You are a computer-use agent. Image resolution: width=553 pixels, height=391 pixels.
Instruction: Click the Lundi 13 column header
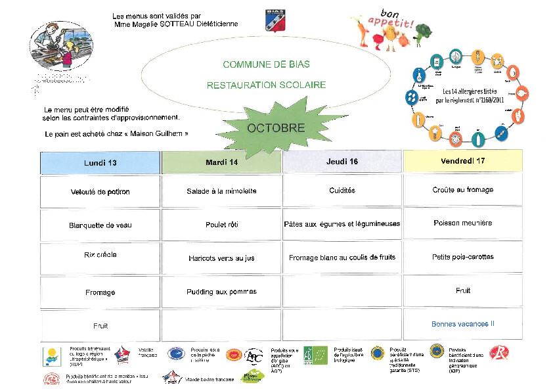pos(100,162)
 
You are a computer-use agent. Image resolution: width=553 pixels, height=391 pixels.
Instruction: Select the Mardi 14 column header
pos(221,162)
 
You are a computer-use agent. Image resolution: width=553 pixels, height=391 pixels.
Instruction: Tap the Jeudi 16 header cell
pos(342,162)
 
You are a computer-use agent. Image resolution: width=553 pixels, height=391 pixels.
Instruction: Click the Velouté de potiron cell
pos(100,192)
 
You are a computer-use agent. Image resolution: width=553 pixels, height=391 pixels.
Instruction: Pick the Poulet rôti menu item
pos(221,225)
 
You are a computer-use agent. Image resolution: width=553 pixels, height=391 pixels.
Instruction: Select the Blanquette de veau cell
pos(100,225)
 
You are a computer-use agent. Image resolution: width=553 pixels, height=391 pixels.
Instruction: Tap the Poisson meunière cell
pos(462,223)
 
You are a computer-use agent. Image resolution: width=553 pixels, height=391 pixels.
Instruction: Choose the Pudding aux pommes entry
pos(221,292)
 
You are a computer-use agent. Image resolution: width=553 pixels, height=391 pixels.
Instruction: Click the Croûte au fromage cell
pos(462,190)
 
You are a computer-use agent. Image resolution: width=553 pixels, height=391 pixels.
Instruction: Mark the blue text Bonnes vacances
pos(462,324)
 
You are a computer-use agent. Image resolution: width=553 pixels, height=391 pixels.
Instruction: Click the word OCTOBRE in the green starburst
pos(276,128)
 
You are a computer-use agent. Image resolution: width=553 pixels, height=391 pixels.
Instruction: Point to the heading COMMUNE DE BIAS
pos(266,64)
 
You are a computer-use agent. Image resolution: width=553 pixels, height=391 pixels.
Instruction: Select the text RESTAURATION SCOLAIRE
pos(266,85)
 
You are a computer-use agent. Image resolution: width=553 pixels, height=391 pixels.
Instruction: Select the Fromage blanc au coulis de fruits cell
pos(342,258)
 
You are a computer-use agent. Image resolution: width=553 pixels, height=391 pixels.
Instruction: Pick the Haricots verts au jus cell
pos(221,258)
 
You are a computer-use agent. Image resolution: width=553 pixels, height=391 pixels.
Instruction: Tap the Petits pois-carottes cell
pos(462,257)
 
